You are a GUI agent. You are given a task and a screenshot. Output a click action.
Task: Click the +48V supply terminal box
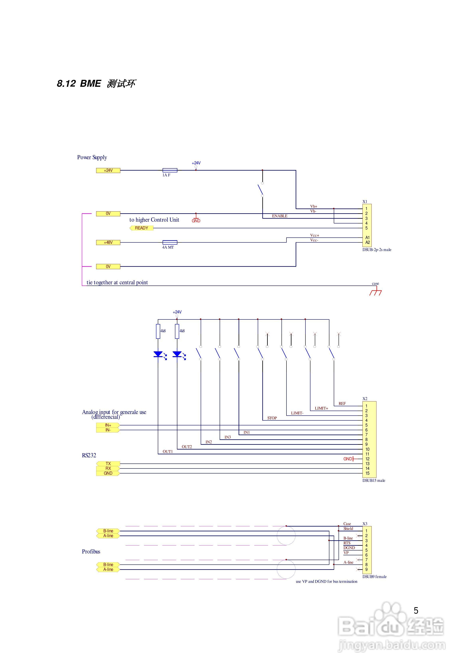click(x=108, y=242)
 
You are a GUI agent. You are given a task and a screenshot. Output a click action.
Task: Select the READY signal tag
click(x=141, y=228)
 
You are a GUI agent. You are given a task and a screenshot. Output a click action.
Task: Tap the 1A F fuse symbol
click(x=170, y=170)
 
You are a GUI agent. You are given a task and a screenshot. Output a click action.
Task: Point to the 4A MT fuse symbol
click(x=170, y=242)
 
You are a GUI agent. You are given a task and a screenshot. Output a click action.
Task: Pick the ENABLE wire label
click(x=280, y=216)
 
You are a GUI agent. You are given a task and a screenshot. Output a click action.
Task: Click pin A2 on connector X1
click(x=368, y=242)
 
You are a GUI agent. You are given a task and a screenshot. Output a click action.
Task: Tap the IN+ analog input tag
click(x=108, y=425)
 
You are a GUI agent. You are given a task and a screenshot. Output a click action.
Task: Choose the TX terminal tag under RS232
click(x=108, y=464)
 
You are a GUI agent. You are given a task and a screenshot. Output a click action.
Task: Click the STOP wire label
click(x=272, y=418)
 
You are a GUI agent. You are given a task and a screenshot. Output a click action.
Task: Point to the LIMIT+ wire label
click(x=321, y=408)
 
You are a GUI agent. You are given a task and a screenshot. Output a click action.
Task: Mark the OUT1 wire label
click(x=168, y=452)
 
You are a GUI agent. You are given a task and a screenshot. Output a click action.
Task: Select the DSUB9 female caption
click(x=374, y=577)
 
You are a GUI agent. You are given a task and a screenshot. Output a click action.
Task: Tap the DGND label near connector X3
click(x=349, y=548)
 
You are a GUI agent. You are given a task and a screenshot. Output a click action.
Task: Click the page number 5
click(x=416, y=611)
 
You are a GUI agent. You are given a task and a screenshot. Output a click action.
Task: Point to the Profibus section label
click(x=91, y=551)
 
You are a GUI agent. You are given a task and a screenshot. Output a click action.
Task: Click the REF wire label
click(x=342, y=404)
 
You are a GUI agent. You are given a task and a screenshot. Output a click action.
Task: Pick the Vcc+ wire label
click(x=315, y=235)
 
